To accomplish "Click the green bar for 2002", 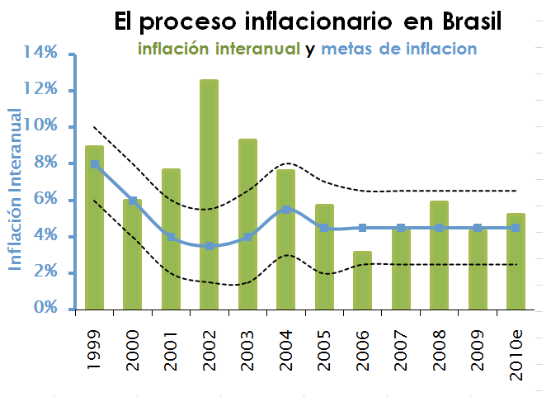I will (x=210, y=194).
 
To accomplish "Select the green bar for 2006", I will (x=362, y=280).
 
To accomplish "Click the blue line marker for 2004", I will (x=286, y=210).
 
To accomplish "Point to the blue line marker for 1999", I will (x=95, y=164).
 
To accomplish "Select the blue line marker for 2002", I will (x=210, y=246).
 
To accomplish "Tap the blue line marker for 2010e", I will (x=516, y=228).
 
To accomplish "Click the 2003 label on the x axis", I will (x=248, y=348).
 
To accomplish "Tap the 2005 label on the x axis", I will (x=324, y=348).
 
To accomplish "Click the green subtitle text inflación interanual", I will (x=219, y=50).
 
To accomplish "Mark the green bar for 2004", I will (x=286, y=239).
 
